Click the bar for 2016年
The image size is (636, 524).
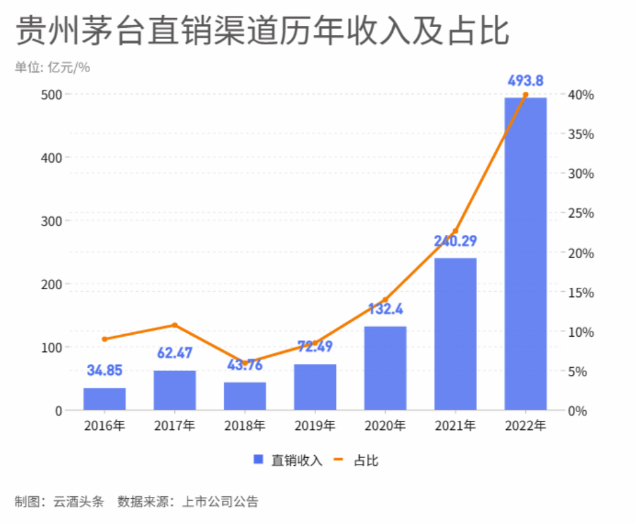click(104, 399)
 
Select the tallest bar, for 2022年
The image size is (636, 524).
click(525, 254)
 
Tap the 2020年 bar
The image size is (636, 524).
click(385, 369)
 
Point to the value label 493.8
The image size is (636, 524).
click(525, 81)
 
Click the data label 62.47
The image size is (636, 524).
click(175, 353)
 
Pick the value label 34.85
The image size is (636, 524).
click(105, 371)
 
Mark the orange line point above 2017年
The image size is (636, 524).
click(175, 325)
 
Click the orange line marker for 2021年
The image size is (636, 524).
click(455, 231)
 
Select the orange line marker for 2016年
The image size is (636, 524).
click(105, 339)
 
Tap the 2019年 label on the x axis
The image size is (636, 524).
click(315, 426)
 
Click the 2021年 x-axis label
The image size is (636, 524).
click(455, 426)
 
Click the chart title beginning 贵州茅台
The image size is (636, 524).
click(262, 30)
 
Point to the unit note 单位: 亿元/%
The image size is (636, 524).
click(52, 68)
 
